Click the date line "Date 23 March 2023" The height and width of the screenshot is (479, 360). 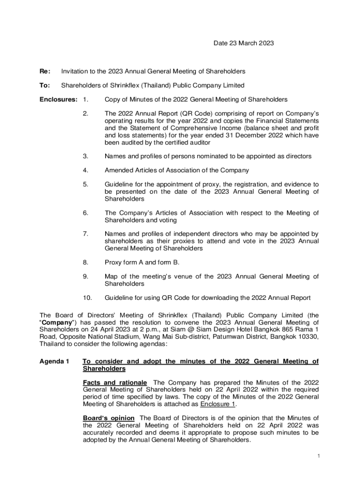244,44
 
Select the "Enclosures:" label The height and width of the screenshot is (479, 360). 58,99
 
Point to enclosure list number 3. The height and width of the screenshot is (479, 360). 85,156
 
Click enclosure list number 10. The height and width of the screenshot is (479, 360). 87,298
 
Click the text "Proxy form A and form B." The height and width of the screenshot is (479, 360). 142,262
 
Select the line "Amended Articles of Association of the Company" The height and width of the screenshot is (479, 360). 177,170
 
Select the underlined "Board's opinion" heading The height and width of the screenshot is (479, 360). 109,418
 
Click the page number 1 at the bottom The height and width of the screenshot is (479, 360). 318,456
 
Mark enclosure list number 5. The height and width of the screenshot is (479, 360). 85,184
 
